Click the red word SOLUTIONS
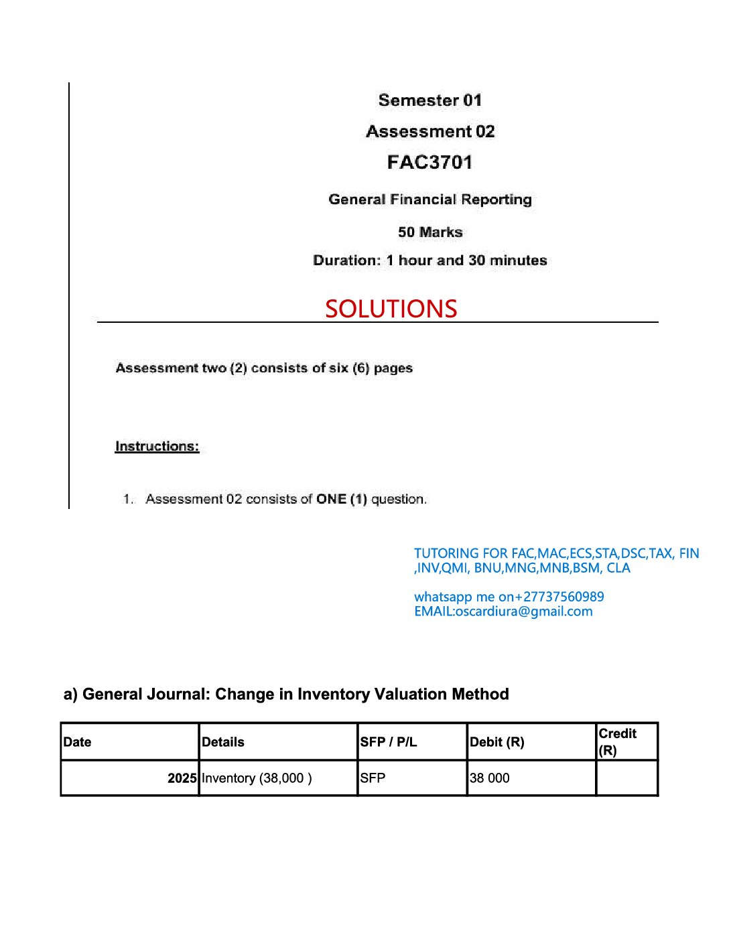point(391,309)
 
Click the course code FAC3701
point(429,162)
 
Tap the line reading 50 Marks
point(430,232)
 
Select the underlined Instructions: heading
point(157,446)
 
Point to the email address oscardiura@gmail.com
point(523,611)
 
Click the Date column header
point(77,742)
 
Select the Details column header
point(223,742)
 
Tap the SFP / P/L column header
point(388,742)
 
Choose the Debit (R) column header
point(496,742)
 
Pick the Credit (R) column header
point(617,741)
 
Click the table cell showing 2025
point(182,778)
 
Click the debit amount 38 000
point(490,778)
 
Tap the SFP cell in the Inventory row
point(373,778)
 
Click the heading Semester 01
point(429,100)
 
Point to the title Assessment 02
point(430,131)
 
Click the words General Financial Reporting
point(430,200)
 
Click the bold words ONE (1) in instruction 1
point(342,499)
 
